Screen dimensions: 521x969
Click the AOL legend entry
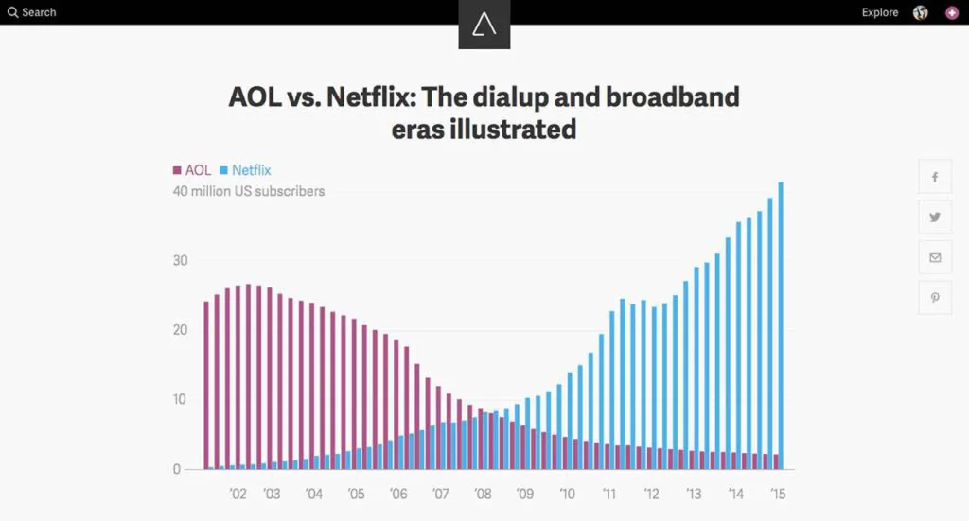click(192, 170)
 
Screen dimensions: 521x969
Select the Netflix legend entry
click(245, 170)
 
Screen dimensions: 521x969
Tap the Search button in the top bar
click(32, 12)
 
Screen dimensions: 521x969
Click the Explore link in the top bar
click(879, 12)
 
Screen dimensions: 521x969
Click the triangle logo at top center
click(484, 25)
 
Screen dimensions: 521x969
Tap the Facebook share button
click(935, 177)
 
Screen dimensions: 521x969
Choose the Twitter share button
click(935, 217)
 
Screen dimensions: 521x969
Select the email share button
click(935, 257)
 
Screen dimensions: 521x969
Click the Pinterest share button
click(935, 297)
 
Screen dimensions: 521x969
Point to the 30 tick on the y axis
click(180, 261)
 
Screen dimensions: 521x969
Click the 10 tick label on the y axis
click(180, 400)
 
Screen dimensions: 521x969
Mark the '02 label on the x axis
click(238, 494)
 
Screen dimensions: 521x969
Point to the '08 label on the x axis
click(483, 494)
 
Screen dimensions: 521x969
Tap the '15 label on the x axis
click(778, 494)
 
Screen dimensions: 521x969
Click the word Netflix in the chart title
click(371, 97)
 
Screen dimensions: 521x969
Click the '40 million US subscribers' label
click(248, 191)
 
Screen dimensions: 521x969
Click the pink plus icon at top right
click(951, 12)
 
